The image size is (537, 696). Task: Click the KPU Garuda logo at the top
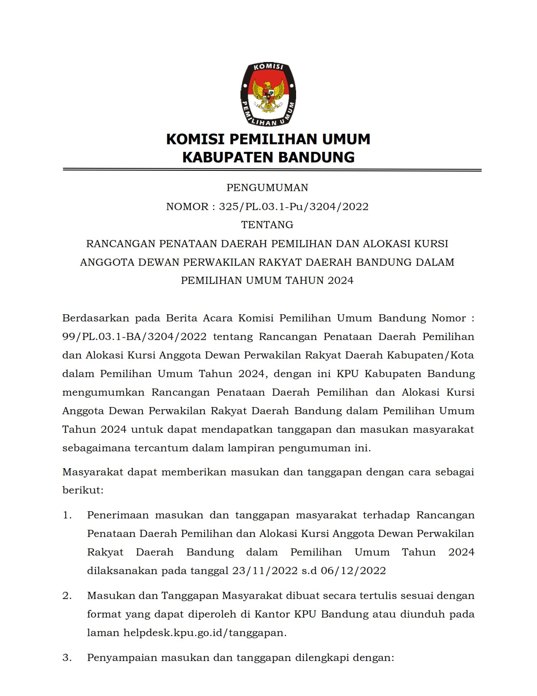(268, 94)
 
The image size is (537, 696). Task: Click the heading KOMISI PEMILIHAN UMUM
(268, 139)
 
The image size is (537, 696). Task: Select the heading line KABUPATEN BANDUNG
(268, 157)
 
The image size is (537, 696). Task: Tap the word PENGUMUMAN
(267, 188)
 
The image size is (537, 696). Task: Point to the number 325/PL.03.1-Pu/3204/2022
(294, 207)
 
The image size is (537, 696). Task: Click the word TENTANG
(267, 225)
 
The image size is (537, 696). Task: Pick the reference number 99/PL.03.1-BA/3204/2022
(134, 337)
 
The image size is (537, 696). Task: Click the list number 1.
(67, 515)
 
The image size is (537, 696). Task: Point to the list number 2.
(67, 596)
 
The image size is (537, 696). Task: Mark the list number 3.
(67, 658)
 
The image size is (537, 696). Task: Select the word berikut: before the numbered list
(83, 490)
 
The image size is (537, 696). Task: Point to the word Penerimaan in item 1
(118, 515)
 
